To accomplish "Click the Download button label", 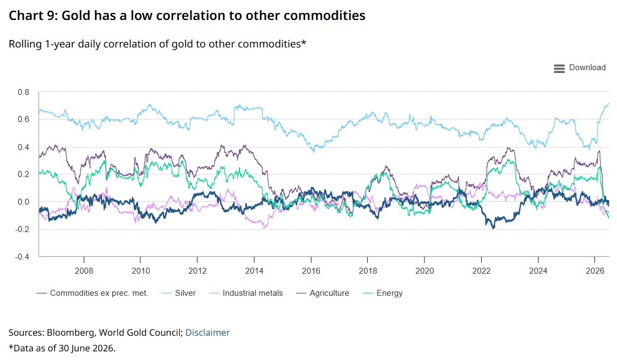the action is tap(587, 68).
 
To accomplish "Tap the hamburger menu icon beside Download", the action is tap(559, 69).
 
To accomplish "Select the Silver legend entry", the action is tap(179, 293).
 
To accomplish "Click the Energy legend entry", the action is tap(383, 293).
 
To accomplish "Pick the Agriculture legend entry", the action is tap(323, 293).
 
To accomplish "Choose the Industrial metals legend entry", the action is tap(246, 293).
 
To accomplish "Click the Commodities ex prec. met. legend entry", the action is tap(92, 293).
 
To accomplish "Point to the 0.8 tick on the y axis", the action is tap(24, 92).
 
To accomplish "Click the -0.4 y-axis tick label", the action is tap(22, 257).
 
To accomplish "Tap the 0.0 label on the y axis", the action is tap(24, 202).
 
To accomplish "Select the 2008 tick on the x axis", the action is tap(84, 270).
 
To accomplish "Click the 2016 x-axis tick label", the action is tap(311, 270).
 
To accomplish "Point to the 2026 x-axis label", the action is tap(595, 270).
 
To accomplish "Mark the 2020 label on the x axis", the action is tap(424, 270).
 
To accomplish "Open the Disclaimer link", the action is tap(207, 332).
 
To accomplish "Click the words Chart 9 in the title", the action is tap(33, 15).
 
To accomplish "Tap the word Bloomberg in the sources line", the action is tap(71, 333).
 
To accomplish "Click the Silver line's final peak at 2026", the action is tap(608, 104).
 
